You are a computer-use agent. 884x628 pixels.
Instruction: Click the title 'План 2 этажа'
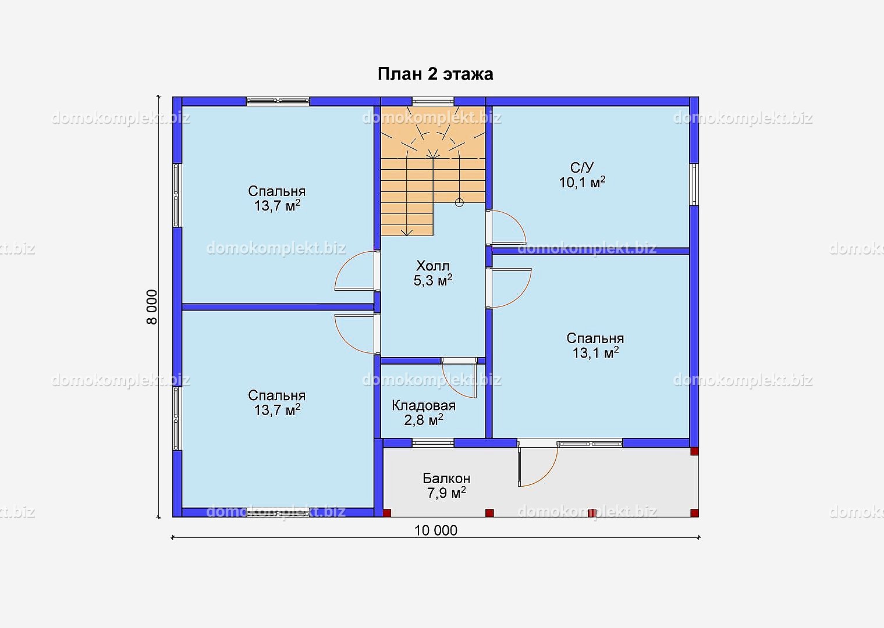click(x=435, y=74)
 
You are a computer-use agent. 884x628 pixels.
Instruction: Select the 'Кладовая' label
click(x=424, y=405)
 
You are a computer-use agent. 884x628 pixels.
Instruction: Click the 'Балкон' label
click(x=446, y=478)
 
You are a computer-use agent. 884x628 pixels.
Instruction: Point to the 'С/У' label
click(x=582, y=167)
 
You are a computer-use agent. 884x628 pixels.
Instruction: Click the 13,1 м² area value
click(x=595, y=352)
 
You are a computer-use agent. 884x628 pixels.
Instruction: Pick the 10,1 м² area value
click(x=582, y=182)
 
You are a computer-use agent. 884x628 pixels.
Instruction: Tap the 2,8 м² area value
click(x=424, y=420)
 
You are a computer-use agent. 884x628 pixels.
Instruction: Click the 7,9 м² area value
click(x=446, y=493)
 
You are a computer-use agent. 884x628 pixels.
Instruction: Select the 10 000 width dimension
click(x=436, y=531)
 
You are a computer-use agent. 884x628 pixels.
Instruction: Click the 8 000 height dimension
click(x=152, y=307)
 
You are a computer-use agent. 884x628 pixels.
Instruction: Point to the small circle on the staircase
click(x=459, y=203)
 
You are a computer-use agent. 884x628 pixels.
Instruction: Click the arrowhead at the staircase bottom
click(x=406, y=232)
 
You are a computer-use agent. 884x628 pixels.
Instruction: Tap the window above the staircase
click(x=433, y=101)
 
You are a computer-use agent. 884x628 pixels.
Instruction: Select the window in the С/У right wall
click(x=694, y=184)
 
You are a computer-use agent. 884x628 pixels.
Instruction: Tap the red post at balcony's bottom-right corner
click(x=694, y=513)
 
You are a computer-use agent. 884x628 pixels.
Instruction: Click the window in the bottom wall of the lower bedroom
click(x=278, y=513)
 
